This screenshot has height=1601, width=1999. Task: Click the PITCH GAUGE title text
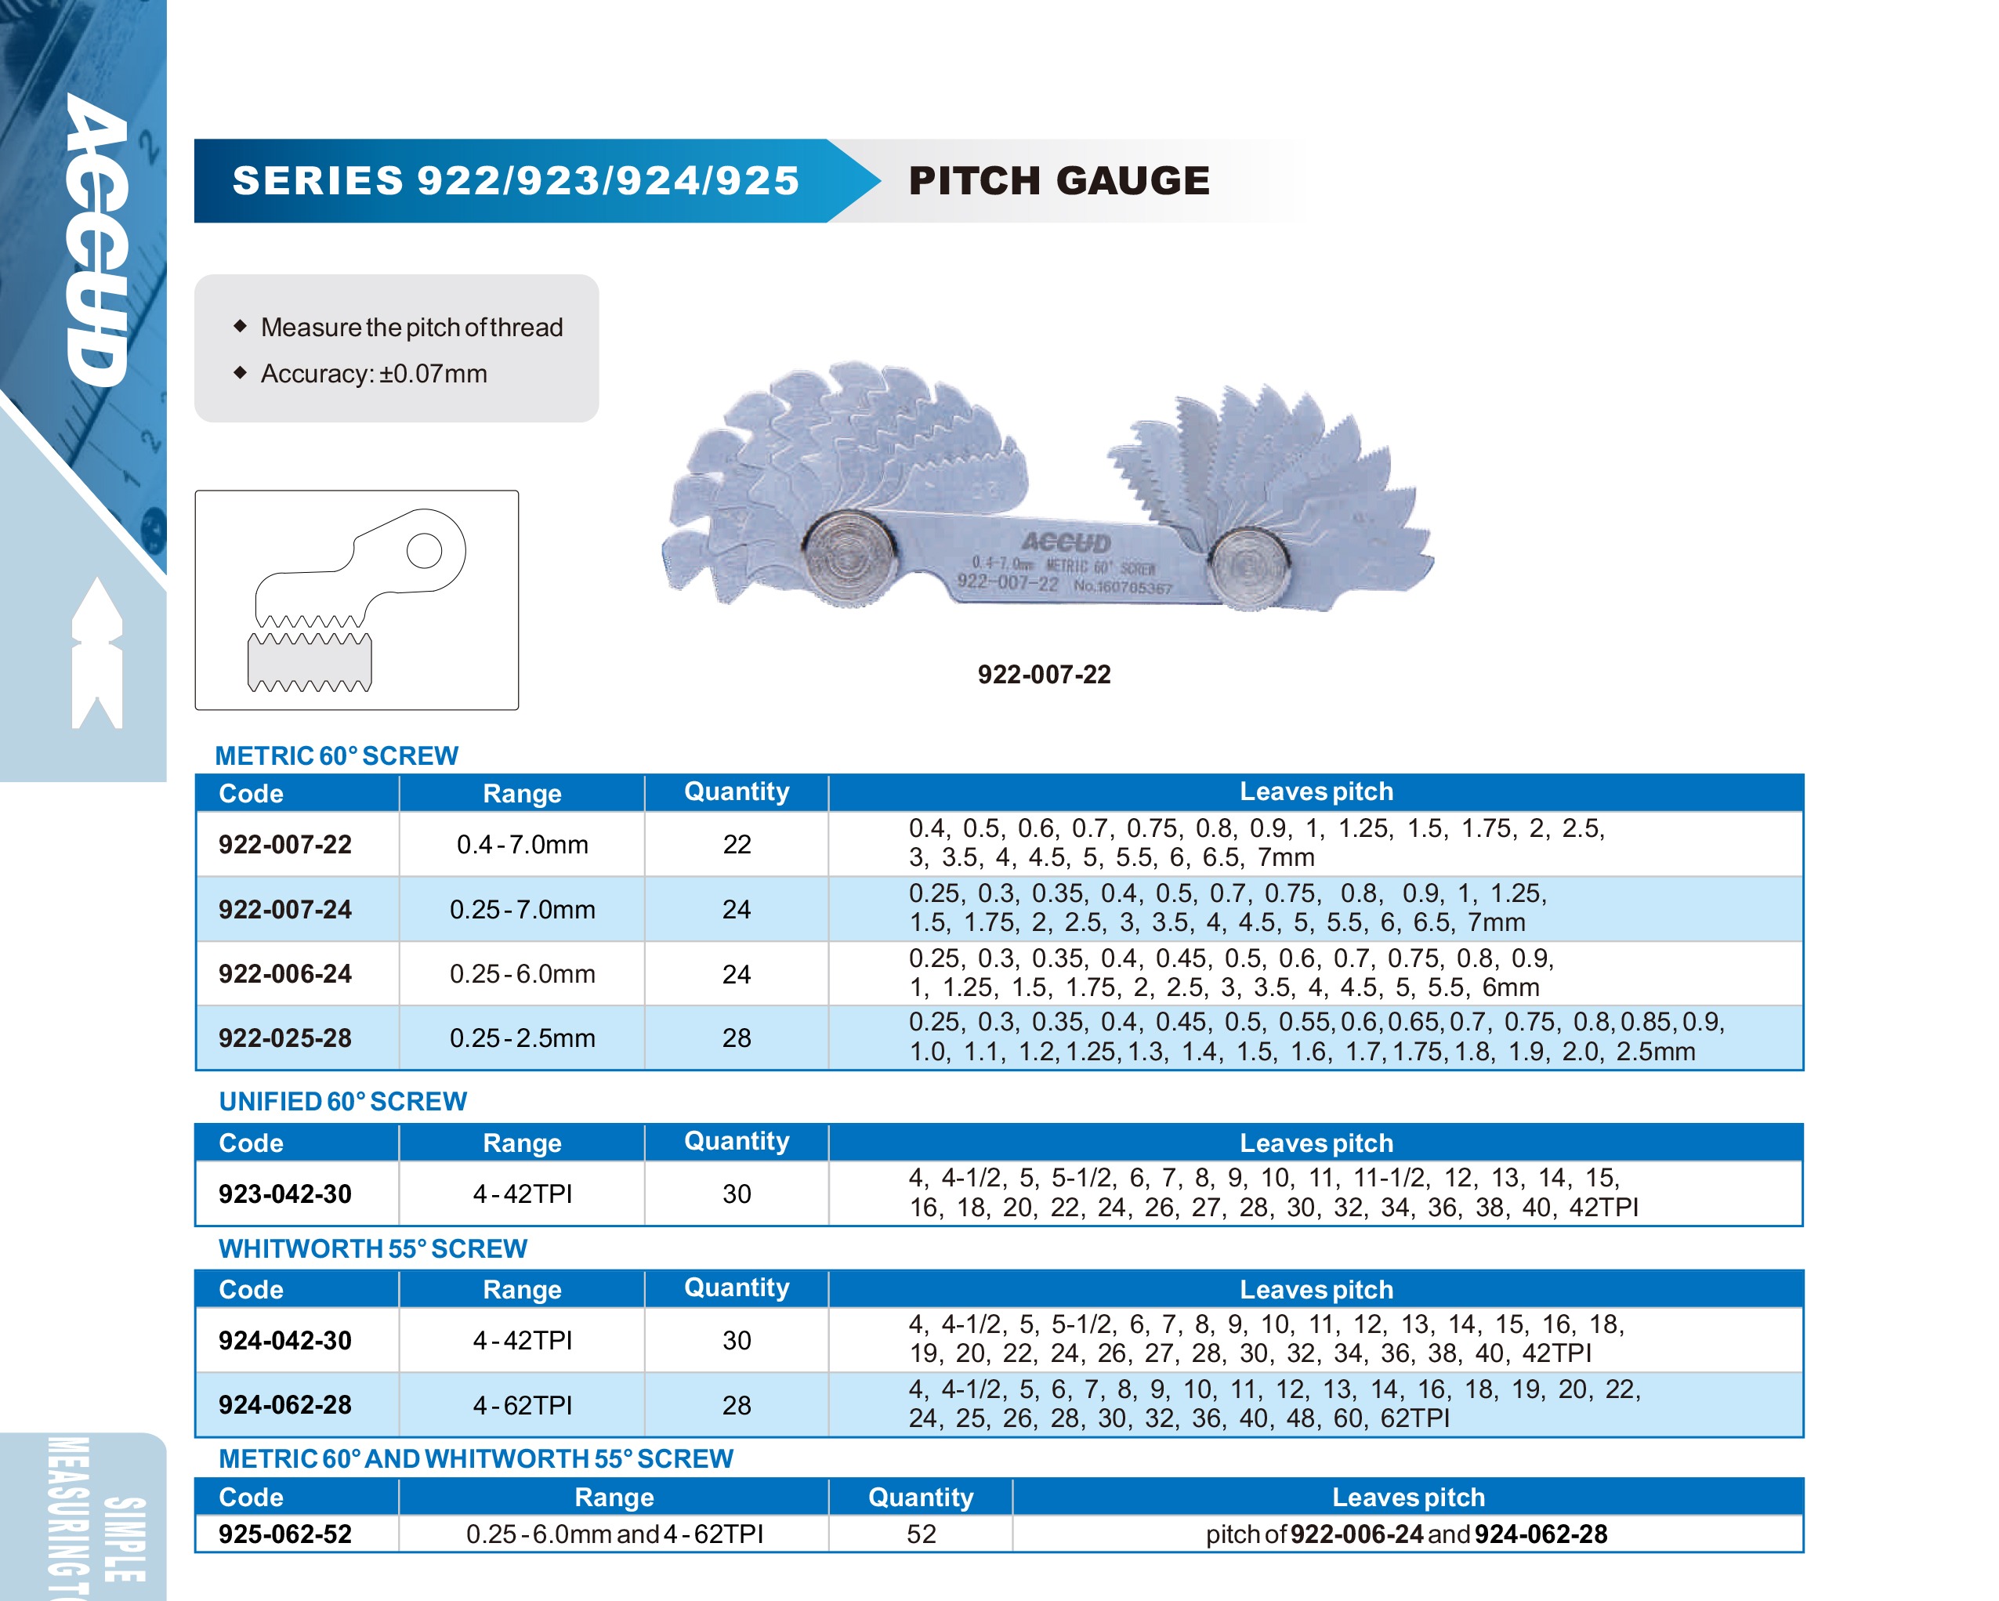1058,181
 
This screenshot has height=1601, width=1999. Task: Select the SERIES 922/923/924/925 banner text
515,181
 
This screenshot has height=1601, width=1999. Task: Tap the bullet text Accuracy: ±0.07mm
374,374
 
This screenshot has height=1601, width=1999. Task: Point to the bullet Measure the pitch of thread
411,328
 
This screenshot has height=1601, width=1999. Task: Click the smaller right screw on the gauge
1249,567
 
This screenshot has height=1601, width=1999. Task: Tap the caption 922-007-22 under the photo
1043,675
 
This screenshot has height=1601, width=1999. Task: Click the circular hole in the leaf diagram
424,550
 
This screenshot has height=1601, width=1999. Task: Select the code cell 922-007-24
284,909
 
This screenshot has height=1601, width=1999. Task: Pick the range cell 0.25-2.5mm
522,1038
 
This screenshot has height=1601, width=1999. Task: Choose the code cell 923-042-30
284,1194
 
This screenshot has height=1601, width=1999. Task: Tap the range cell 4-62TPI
522,1405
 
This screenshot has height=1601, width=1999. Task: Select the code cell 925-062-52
284,1534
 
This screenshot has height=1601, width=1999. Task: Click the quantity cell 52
920,1534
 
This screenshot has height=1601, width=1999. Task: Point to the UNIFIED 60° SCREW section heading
342,1101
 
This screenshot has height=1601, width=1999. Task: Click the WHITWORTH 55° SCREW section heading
373,1248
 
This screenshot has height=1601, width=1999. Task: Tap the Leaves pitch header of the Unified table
1316,1143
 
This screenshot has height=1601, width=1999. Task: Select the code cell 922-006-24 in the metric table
284,974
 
